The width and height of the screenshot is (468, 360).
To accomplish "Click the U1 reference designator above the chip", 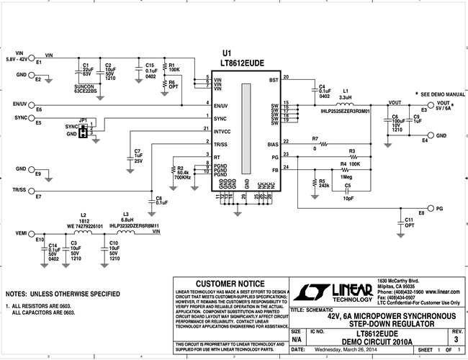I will (227, 54).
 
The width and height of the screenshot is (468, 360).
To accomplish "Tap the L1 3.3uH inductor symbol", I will (344, 104).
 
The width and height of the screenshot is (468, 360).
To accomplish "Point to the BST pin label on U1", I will (273, 79).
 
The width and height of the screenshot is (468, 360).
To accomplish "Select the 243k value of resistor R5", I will (324, 185).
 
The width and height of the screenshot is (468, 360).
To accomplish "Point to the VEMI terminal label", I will (22, 234).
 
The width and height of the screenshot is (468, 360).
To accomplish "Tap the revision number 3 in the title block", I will (454, 338).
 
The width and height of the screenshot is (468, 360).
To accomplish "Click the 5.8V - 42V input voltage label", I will (19, 59).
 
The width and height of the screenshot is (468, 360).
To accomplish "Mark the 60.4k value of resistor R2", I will (183, 173).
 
